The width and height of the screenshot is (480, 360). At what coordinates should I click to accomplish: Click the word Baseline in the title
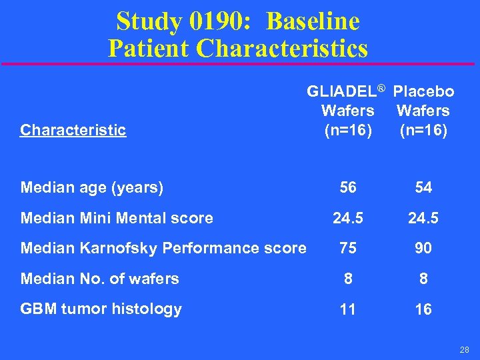click(313, 21)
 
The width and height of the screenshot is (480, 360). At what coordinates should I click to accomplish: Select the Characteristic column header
click(73, 130)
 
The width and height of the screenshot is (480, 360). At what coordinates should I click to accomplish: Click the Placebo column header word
click(423, 91)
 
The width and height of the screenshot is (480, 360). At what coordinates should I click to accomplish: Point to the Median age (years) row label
click(92, 188)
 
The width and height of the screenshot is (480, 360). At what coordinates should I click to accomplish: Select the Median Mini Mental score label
click(117, 218)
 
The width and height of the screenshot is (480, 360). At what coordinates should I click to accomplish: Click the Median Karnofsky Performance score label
click(163, 248)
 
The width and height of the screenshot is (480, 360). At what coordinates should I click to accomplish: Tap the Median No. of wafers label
click(99, 279)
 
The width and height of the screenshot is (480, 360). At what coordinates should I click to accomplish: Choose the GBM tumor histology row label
click(101, 309)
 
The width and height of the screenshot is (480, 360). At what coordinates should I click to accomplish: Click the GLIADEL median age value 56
click(348, 188)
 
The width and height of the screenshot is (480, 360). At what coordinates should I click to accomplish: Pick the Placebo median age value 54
click(423, 188)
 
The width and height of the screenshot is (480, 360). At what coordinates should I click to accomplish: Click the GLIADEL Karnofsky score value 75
click(348, 248)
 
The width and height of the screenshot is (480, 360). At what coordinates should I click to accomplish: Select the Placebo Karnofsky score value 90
click(423, 248)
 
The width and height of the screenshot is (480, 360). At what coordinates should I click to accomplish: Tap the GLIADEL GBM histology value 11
click(348, 309)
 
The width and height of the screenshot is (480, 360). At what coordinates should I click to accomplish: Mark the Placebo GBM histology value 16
click(423, 309)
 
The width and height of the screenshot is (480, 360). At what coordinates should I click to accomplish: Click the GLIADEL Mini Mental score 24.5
click(348, 218)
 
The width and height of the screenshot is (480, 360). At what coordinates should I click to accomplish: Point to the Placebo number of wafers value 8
click(423, 279)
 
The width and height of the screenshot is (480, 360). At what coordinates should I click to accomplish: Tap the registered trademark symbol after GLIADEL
click(381, 88)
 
